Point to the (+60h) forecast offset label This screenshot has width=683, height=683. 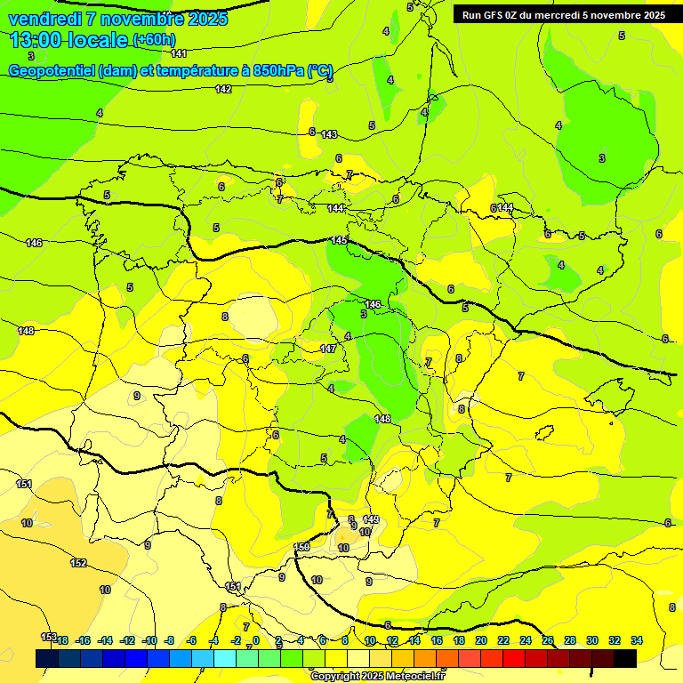tap(153, 40)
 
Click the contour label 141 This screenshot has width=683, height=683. tap(179, 54)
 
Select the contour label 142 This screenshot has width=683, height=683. tap(223, 89)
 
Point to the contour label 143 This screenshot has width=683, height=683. tap(329, 134)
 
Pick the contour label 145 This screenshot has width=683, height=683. tap(339, 241)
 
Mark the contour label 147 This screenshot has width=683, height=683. tap(328, 350)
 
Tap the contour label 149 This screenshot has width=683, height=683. tap(371, 519)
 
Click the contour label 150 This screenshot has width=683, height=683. tap(301, 547)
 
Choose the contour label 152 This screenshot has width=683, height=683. tap(78, 563)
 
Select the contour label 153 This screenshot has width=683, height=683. tap(49, 637)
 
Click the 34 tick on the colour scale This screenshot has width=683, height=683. tap(636, 640)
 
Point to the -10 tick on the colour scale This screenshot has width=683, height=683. tap(149, 640)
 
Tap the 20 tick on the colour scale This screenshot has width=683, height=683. tap(481, 640)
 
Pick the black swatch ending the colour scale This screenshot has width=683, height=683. tap(625, 658)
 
